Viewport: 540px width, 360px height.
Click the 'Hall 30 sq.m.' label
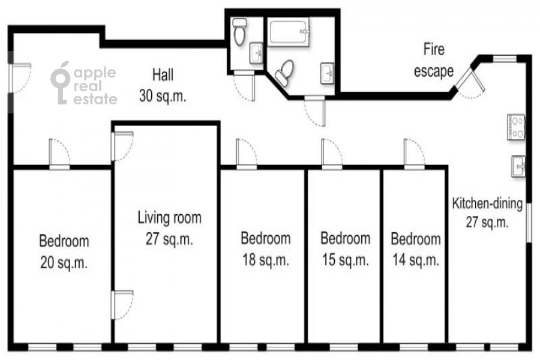tap(163, 85)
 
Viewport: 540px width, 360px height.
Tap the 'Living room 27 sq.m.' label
tap(169, 228)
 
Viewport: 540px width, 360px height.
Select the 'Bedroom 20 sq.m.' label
tap(64, 251)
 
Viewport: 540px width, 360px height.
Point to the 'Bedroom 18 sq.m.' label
tap(266, 249)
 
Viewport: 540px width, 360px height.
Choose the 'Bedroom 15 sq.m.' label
tap(346, 249)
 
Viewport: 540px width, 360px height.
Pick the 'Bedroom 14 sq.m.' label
tap(416, 250)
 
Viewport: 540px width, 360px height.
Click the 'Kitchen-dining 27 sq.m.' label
tap(487, 212)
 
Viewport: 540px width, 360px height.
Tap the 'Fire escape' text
tap(434, 60)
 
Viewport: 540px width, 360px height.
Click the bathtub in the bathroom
tap(289, 33)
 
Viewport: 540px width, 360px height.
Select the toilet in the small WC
tap(239, 32)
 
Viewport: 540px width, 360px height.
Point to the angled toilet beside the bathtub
tap(284, 73)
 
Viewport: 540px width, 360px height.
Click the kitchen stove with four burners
tap(516, 127)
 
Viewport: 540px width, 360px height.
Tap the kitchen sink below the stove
tap(518, 166)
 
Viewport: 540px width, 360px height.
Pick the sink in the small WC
tap(256, 53)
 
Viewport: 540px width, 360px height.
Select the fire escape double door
tap(470, 83)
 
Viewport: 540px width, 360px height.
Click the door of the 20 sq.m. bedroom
tap(59, 154)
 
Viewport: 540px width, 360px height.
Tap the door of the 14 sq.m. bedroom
tap(414, 154)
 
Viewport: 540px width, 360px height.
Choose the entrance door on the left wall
tap(20, 78)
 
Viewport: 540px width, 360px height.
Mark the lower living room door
tap(122, 305)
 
